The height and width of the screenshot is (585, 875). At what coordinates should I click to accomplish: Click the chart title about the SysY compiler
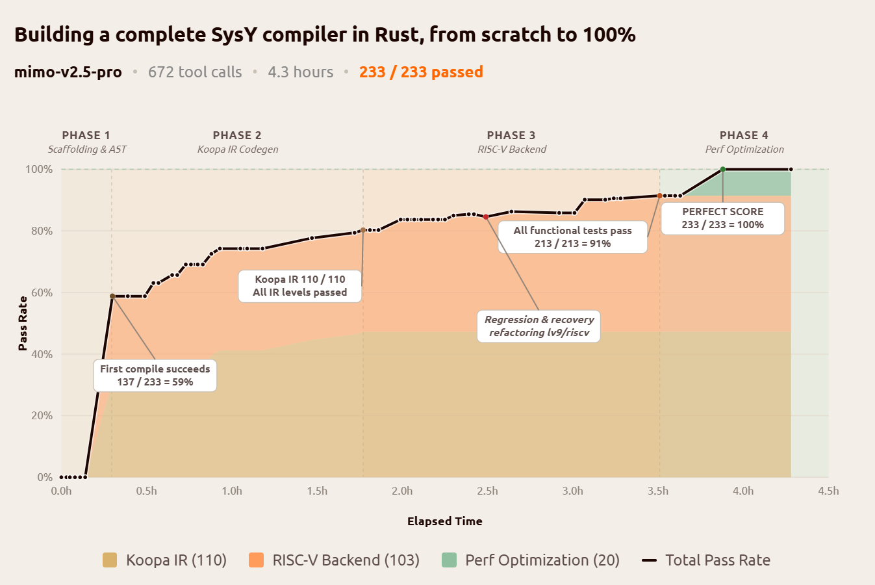click(325, 34)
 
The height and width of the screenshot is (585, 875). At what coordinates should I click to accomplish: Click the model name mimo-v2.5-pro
click(68, 72)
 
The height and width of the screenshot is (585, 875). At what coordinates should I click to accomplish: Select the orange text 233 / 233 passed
click(421, 72)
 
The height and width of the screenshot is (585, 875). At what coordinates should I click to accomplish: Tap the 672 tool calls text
click(195, 72)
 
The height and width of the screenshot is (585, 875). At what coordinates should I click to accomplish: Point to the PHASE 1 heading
click(86, 135)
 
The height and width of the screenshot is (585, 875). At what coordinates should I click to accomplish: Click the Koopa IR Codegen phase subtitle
click(238, 149)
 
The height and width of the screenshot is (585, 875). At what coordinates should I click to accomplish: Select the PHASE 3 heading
click(511, 135)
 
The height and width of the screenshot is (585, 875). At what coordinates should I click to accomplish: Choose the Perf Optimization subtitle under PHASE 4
click(744, 149)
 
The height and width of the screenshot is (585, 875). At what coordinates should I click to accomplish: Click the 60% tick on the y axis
click(42, 292)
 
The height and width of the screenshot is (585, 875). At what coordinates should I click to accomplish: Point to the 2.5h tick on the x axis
click(487, 491)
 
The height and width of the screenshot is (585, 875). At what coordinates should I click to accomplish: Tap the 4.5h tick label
click(828, 491)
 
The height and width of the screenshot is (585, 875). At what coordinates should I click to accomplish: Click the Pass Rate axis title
click(23, 323)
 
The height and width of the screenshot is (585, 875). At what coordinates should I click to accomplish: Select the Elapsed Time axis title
click(444, 521)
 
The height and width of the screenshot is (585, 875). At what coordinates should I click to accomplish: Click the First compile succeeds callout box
click(155, 375)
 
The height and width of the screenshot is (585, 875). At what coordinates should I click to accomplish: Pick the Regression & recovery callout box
click(539, 326)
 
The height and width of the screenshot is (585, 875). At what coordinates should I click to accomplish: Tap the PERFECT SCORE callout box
click(722, 218)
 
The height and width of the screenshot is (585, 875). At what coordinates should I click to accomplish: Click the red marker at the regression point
click(486, 217)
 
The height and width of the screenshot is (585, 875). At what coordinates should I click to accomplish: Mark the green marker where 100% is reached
click(722, 170)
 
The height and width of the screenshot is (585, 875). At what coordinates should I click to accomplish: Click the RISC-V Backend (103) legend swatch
click(256, 560)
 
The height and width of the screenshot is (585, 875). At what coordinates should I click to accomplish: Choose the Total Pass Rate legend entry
click(706, 560)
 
